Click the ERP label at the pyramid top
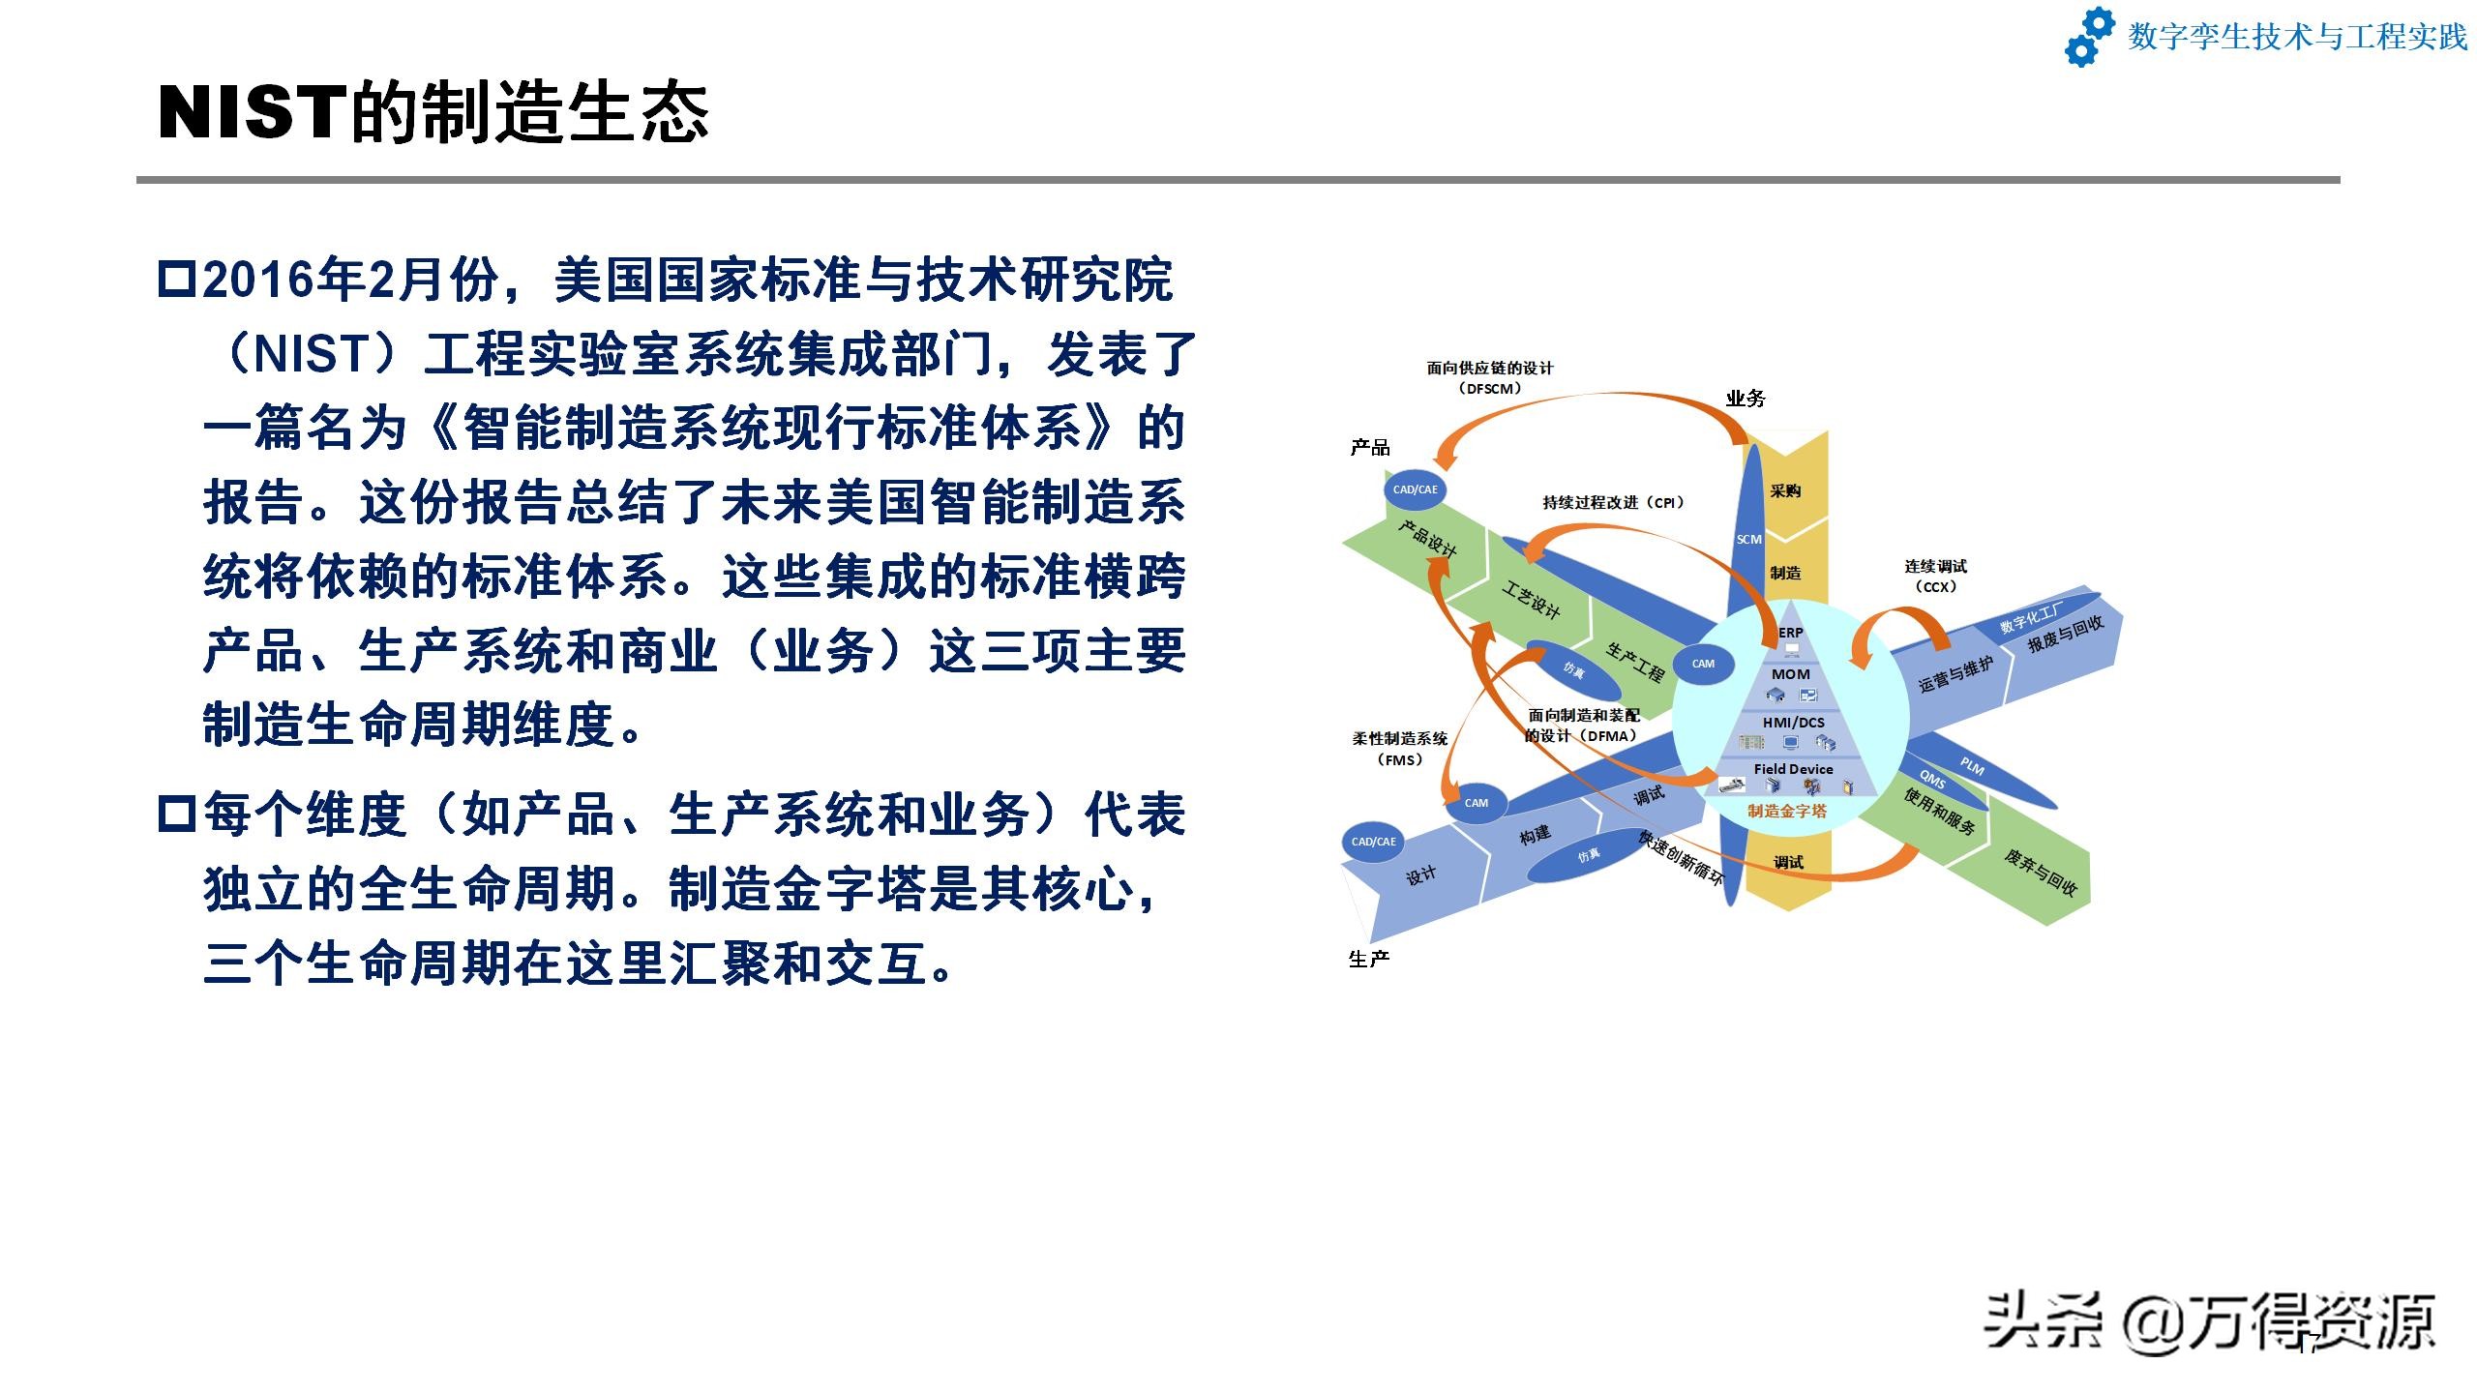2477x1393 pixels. tap(1791, 633)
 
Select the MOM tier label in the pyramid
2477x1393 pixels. tap(1791, 674)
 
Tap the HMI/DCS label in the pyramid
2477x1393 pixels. tap(1793, 723)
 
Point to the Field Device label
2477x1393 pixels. tap(1793, 769)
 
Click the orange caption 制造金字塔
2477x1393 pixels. tap(1787, 811)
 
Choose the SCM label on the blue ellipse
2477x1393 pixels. tap(1749, 539)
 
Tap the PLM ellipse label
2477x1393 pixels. tap(1972, 767)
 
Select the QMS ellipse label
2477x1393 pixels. tap(1932, 779)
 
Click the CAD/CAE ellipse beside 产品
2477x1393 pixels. tap(1416, 489)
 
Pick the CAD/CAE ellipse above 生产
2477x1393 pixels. tap(1374, 842)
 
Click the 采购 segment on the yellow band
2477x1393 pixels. tap(1785, 490)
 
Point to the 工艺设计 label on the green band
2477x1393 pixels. tap(1531, 600)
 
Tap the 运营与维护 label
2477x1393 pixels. tap(1955, 674)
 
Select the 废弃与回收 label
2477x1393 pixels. tap(2040, 872)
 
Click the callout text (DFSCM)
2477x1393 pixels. tap(1490, 389)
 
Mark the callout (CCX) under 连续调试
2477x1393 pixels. tap(1936, 587)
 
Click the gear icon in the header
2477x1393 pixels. tap(2090, 37)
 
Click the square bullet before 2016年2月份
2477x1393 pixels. tap(177, 279)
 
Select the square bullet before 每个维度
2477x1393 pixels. tap(177, 814)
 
